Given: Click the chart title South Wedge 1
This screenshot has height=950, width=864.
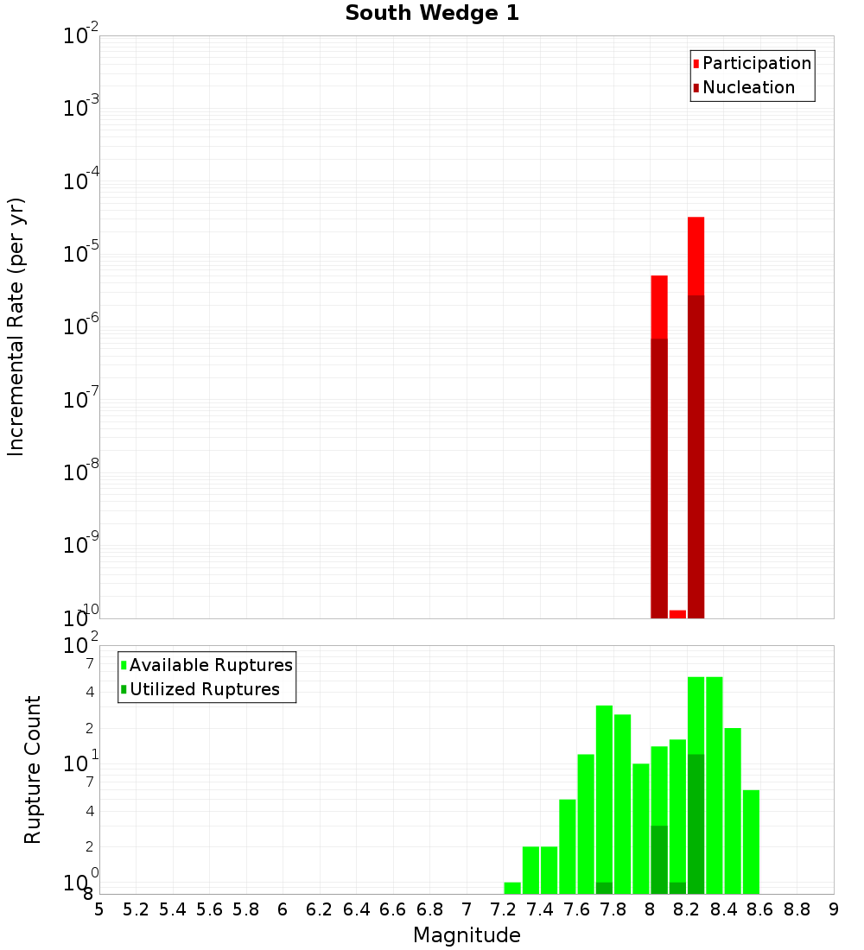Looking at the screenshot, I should [x=432, y=14].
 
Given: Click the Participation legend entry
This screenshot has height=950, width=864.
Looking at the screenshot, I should [x=756, y=63].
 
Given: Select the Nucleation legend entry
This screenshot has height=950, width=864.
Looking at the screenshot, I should [x=747, y=87].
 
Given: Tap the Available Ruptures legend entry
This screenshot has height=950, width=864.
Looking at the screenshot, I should [x=210, y=665].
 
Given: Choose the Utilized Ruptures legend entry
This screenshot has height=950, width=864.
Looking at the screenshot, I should [x=204, y=689].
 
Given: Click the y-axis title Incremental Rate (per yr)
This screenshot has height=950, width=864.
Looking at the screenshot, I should [x=16, y=326].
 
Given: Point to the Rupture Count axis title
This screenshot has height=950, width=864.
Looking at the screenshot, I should [x=33, y=769].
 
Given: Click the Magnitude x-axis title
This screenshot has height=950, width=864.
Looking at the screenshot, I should [x=467, y=935].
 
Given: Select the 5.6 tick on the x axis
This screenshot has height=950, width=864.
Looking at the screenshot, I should [x=209, y=909].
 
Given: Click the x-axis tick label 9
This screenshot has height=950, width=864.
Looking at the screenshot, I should [x=834, y=909].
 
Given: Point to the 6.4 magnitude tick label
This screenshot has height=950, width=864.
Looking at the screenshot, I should [x=356, y=909].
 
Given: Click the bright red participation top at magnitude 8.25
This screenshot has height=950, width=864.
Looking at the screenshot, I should [x=696, y=256].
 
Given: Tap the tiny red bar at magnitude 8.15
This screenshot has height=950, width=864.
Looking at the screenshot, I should [x=677, y=614].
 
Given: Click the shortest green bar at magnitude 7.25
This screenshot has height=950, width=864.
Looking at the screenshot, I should [x=512, y=888].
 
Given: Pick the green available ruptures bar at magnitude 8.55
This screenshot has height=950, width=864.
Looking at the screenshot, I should [x=751, y=842].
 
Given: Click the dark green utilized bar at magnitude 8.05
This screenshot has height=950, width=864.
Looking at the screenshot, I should [x=659, y=860].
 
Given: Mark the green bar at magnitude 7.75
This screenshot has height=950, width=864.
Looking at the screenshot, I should [x=604, y=795].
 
